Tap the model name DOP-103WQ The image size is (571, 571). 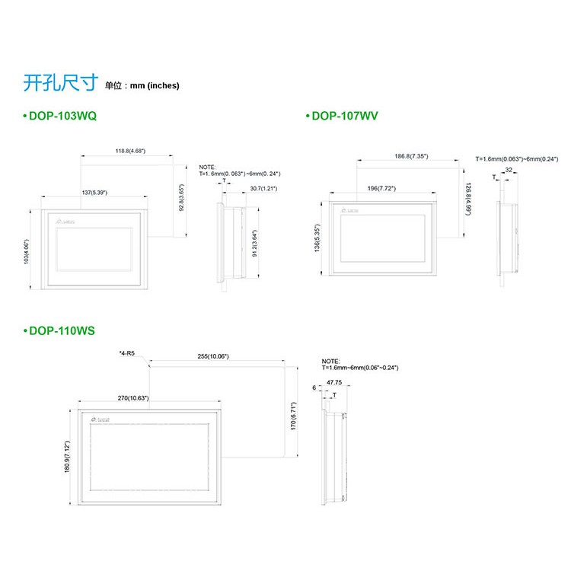(x=64, y=116)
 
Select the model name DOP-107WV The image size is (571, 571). (x=343, y=116)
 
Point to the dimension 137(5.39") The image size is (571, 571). (x=96, y=193)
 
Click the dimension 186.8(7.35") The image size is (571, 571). (x=411, y=156)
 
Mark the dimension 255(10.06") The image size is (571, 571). (x=213, y=356)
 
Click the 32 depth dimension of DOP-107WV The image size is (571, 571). (x=508, y=171)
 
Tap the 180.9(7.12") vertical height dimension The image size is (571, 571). (x=68, y=457)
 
